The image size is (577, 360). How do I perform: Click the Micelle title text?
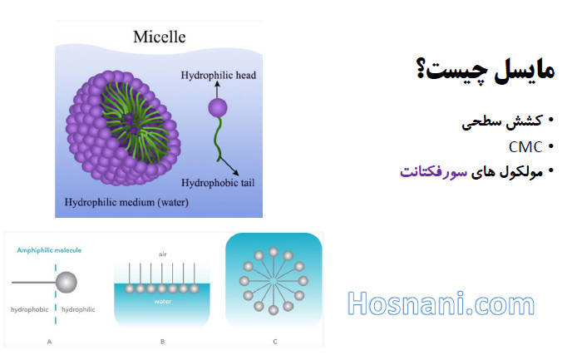tap(160, 37)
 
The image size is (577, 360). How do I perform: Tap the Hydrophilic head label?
tap(218, 76)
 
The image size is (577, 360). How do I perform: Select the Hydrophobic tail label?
tap(218, 183)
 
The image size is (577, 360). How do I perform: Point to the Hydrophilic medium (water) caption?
tap(126, 203)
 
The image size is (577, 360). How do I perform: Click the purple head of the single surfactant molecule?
tap(218, 108)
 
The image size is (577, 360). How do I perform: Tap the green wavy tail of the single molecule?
tap(218, 139)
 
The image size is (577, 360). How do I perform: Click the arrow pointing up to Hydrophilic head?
tap(217, 90)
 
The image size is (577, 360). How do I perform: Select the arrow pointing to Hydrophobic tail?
tap(229, 167)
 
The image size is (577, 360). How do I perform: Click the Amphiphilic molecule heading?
tap(49, 250)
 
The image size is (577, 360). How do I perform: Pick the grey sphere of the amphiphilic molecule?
tap(67, 283)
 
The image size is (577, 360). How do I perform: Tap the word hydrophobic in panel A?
tap(29, 309)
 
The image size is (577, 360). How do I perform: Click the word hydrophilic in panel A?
tap(78, 309)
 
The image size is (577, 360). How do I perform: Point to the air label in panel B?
tap(163, 254)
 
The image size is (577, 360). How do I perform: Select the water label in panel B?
tap(163, 302)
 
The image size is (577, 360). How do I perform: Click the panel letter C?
tap(275, 342)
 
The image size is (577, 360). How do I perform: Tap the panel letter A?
tap(49, 342)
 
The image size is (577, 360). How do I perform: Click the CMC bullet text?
tap(525, 147)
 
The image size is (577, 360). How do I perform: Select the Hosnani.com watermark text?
tap(441, 303)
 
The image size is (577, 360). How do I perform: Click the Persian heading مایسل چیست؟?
tap(486, 70)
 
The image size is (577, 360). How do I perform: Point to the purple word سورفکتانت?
tap(434, 172)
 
